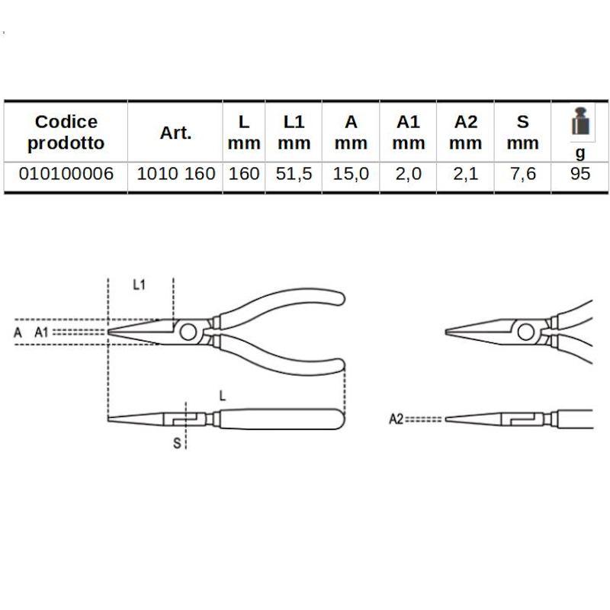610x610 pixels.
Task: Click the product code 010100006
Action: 66,174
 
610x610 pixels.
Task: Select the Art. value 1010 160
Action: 176,174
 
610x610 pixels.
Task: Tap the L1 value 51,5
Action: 294,174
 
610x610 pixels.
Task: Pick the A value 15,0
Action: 351,174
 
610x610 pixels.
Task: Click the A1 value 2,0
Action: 409,174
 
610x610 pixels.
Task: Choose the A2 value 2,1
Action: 466,174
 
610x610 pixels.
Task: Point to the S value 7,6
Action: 523,174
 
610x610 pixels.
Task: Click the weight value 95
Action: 580,174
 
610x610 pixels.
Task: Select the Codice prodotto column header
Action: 66,132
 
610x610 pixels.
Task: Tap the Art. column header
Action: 176,133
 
